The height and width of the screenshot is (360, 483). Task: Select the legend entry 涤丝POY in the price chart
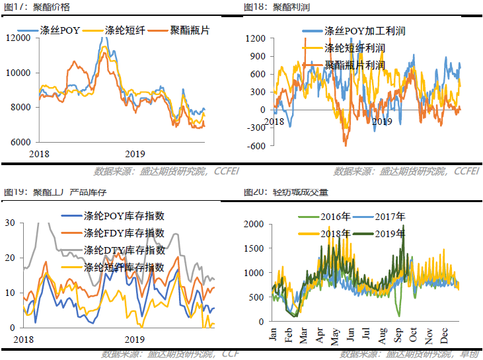pyautogui.click(x=59, y=30)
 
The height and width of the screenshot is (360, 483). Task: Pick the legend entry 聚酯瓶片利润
pyautogui.click(x=355, y=65)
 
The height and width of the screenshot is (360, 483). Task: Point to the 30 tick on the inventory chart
pyautogui.click(x=10, y=223)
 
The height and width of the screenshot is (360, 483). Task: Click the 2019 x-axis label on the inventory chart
pyautogui.click(x=134, y=340)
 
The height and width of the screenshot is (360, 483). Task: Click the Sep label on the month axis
pyautogui.click(x=400, y=334)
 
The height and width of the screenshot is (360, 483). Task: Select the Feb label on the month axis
pyautogui.click(x=289, y=334)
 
